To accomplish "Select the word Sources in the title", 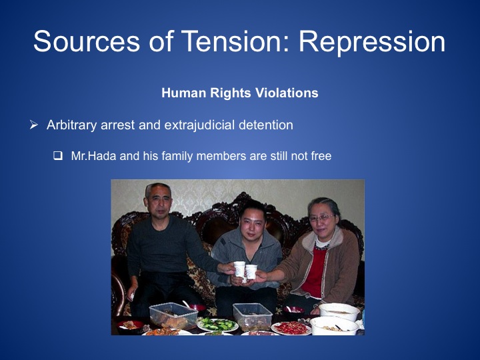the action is pos(87,41).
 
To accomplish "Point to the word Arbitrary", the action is pos(71,125).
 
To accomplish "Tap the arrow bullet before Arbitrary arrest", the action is pos(34,125).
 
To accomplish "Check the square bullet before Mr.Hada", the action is pos(58,156).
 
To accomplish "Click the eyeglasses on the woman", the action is pos(321,218).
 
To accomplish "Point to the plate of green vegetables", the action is pos(217,325).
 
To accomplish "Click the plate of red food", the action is pos(291,328).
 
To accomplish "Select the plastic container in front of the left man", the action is pos(173,316).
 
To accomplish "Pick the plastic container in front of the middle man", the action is pos(252,317).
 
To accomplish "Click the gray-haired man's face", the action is pos(159,203).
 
